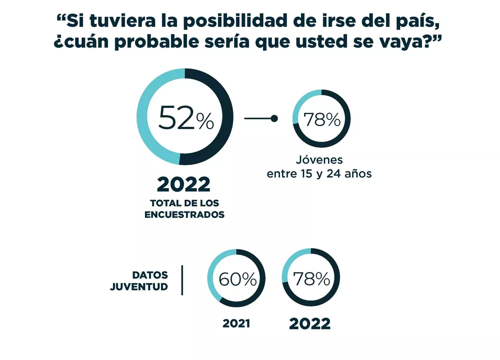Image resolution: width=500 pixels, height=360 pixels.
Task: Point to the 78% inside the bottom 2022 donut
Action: click(311, 278)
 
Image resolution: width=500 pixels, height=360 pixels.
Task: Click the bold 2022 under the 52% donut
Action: click(183, 184)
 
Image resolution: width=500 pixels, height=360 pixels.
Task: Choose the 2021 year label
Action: click(236, 323)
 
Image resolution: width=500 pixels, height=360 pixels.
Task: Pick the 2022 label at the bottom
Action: click(310, 323)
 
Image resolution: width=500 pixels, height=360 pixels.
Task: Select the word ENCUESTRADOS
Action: click(184, 214)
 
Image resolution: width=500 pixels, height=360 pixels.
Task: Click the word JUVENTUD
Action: click(139, 287)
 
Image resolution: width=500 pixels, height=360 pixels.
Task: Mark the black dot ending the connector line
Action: click(274, 118)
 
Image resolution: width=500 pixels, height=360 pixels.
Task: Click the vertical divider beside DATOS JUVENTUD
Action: click(182, 280)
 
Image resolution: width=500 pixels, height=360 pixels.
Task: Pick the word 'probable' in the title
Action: click(162, 42)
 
